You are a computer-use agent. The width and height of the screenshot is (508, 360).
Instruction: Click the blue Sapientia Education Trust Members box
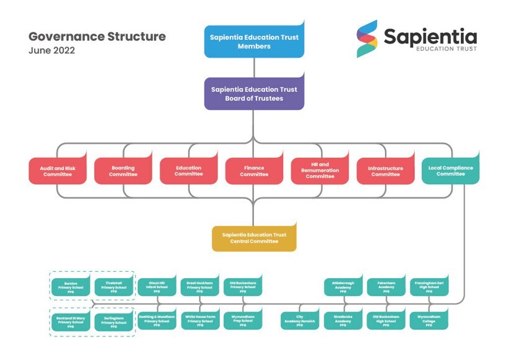pos(254,42)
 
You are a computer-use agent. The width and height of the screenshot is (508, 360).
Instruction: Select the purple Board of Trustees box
pos(254,94)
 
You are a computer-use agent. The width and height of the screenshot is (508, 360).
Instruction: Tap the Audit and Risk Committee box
pos(57,171)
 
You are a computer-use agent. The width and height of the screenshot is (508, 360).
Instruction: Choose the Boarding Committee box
pos(123,171)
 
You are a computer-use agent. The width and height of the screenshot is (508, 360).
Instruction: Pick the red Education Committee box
pos(188,171)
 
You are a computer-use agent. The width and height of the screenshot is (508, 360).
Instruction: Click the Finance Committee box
pos(254,171)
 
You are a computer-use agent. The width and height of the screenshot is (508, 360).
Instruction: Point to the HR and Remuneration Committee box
pos(320,171)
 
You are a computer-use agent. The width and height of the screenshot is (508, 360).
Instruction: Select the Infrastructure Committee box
pos(385,171)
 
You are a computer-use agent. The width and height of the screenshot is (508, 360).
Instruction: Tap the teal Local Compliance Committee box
pos(450,171)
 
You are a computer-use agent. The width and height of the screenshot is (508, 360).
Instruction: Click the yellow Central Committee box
pos(254,238)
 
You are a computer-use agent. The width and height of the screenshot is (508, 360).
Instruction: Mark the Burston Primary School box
pos(70,287)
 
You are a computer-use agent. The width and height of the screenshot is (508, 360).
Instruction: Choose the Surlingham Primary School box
pos(114,321)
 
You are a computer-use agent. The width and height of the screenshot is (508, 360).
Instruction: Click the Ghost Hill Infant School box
pos(157,287)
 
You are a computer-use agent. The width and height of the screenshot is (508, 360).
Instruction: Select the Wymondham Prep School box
pos(243,321)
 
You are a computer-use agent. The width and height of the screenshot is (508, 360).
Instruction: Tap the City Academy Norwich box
pos(299,321)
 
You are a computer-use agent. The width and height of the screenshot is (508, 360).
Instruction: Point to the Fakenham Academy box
pos(386,287)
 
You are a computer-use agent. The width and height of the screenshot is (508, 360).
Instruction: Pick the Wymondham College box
pos(429,321)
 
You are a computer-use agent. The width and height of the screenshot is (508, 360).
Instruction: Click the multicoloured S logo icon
pos(366,38)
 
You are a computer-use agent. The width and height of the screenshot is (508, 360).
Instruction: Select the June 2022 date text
pos(52,51)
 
